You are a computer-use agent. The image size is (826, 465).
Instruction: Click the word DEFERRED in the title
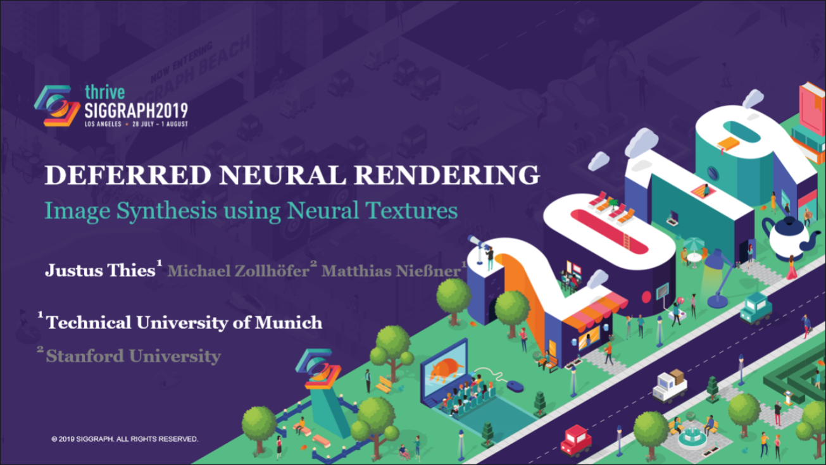(x=128, y=175)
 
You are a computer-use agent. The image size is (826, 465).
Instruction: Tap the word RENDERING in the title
(x=447, y=175)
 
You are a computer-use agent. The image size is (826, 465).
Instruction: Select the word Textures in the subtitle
(x=411, y=211)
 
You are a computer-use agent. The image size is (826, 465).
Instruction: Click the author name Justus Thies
(x=100, y=270)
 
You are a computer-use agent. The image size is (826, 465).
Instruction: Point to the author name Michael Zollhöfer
(x=238, y=271)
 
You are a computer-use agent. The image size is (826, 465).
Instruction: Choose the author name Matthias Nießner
(x=391, y=271)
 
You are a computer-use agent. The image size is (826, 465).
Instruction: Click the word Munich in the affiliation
(x=289, y=323)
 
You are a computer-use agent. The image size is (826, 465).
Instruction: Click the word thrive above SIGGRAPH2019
(x=104, y=92)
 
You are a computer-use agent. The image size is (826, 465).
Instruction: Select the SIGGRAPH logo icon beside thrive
(x=57, y=106)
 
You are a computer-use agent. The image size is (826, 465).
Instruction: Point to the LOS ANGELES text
(x=103, y=124)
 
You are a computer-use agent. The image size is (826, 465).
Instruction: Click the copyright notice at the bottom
(x=125, y=439)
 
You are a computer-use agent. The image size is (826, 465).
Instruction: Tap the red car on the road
(x=575, y=440)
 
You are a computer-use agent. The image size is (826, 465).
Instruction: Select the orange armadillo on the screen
(x=447, y=369)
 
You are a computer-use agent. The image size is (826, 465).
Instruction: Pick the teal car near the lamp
(x=756, y=309)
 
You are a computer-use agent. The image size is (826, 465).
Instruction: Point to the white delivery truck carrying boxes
(x=670, y=386)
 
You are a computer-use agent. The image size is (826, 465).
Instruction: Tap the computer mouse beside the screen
(x=515, y=386)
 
